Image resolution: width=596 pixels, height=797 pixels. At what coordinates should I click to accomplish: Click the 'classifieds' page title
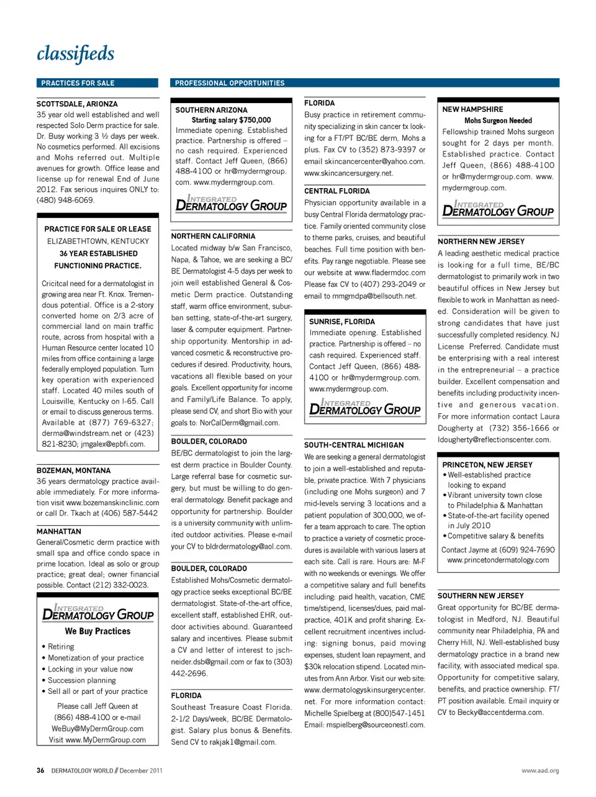(x=75, y=54)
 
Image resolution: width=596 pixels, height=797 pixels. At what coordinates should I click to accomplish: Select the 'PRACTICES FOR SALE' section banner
(x=78, y=83)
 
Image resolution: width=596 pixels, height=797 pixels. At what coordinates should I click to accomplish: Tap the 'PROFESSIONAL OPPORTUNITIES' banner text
(x=230, y=83)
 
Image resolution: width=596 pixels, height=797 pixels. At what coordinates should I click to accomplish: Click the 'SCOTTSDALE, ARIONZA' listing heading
(x=77, y=104)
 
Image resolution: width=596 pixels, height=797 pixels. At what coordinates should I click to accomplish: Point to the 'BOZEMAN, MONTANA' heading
(x=73, y=471)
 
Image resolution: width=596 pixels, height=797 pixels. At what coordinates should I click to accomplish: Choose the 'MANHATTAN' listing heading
(x=59, y=531)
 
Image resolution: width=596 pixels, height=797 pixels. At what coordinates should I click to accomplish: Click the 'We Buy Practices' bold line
(x=97, y=631)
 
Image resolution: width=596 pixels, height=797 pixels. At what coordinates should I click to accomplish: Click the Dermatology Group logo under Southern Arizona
(x=231, y=204)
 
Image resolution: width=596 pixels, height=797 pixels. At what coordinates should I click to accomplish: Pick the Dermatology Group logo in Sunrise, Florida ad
(x=365, y=408)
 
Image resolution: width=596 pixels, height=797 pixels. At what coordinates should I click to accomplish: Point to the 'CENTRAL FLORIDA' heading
(x=336, y=191)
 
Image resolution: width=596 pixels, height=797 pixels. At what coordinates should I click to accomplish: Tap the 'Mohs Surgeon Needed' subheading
(x=498, y=121)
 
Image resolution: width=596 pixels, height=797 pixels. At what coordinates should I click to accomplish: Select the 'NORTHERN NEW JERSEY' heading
(x=481, y=241)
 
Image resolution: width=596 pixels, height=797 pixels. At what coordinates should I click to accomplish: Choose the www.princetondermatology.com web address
(x=498, y=561)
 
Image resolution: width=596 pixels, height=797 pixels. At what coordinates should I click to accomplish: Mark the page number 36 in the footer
(x=40, y=771)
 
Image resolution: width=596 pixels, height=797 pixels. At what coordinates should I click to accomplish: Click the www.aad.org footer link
(x=540, y=771)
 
